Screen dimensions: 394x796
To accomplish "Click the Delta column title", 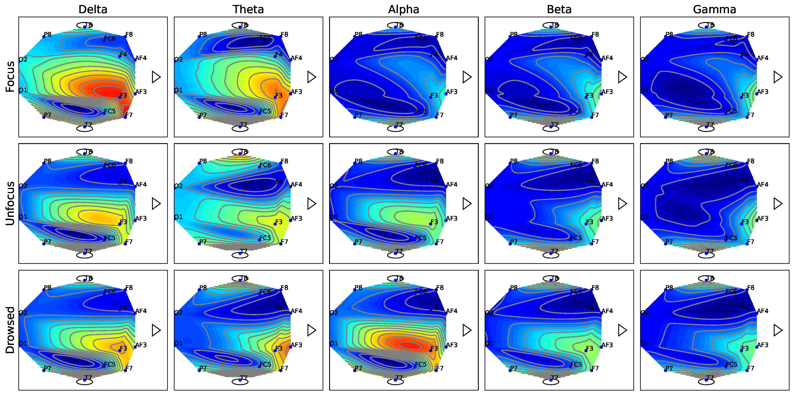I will (93, 10).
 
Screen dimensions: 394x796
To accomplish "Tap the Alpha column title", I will (404, 10).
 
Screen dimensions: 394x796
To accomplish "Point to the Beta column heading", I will (559, 10).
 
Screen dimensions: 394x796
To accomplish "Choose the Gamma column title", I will (714, 10).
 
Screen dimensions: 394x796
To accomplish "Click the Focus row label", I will (10, 77).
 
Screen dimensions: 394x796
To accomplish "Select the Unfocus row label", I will (10, 203).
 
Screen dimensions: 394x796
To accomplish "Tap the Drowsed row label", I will (10, 330).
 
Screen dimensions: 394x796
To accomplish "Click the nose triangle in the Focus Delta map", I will (156, 77).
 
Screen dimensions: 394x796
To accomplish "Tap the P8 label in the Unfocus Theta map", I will (203, 161).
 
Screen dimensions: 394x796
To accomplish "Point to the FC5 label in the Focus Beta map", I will (576, 111).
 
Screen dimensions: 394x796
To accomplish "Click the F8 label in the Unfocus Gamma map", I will (751, 161).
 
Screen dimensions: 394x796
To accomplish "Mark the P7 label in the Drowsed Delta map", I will (48, 368).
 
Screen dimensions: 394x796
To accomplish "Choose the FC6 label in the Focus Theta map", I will (265, 38).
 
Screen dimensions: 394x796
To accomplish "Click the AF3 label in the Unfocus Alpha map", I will (452, 218).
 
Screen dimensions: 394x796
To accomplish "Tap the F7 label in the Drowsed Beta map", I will (595, 368).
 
